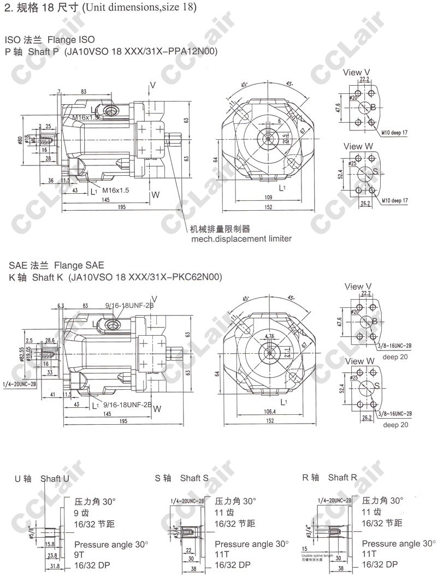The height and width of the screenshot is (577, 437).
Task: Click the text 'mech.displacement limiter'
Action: pyautogui.click(x=241, y=239)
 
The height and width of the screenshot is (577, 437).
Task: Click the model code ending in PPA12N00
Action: pyautogui.click(x=141, y=52)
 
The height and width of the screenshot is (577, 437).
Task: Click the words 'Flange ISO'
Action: pyautogui.click(x=71, y=40)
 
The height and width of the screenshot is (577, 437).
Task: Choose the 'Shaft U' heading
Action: pyautogui.click(x=55, y=479)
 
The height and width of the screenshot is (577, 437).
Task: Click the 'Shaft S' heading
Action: pyautogui.click(x=194, y=478)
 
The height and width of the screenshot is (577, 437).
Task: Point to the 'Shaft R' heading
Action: pyautogui.click(x=342, y=478)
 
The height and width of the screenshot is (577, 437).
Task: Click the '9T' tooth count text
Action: pyautogui.click(x=80, y=555)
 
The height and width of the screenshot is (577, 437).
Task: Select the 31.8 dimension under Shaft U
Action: pyautogui.click(x=55, y=566)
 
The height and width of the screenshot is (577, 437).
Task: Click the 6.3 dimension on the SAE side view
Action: pyautogui.click(x=61, y=305)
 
